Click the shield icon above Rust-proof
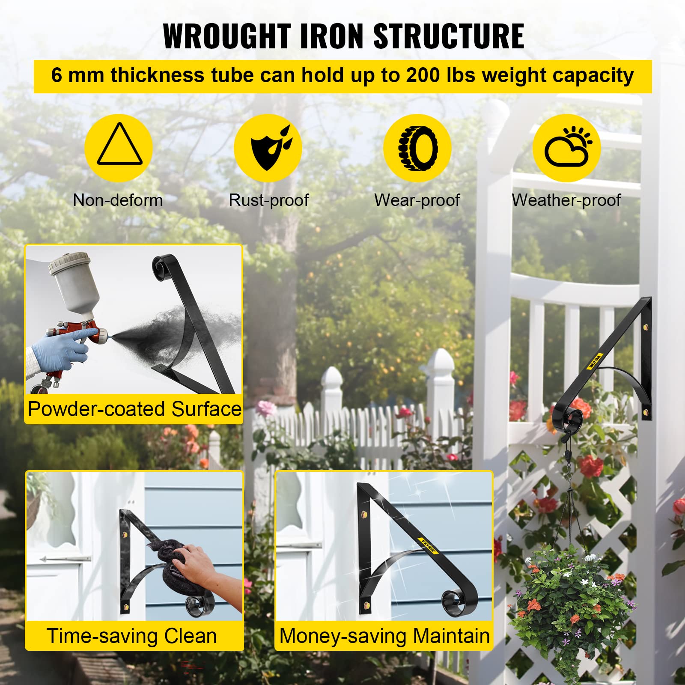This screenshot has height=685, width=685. pos(268,148)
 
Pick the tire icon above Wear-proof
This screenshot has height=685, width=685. pos(417,148)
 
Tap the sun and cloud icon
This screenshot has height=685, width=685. pos(566,148)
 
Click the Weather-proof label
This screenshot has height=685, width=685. pos(566,200)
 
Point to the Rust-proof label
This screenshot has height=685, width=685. pos(268,200)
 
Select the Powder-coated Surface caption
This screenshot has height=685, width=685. pos(134,409)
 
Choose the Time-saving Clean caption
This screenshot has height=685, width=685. pos(131,636)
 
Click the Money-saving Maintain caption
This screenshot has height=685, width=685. pos(384,636)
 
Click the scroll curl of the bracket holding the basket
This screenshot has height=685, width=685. pos(567,417)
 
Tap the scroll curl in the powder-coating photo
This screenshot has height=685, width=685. pos(163,268)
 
